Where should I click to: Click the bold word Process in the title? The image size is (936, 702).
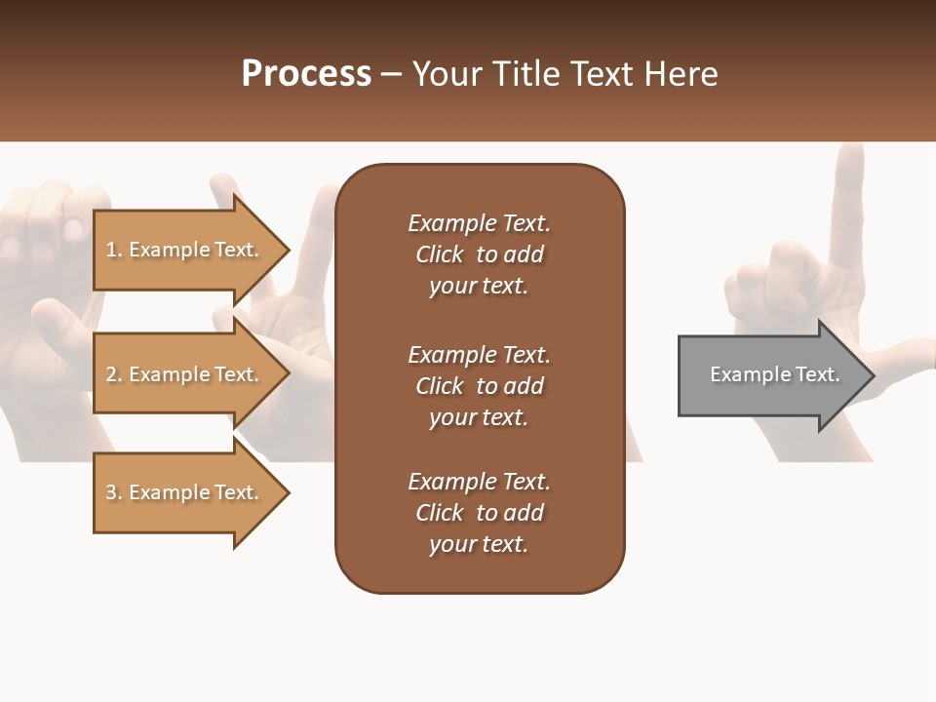306,73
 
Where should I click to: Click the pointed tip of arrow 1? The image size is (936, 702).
287,250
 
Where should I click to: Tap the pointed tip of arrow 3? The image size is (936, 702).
287,492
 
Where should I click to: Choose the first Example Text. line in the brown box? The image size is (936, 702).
479,223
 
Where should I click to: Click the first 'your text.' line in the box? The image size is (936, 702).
479,286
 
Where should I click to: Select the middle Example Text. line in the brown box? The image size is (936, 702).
479,355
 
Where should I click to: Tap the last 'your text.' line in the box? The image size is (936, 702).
479,544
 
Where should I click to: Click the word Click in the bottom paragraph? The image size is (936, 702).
440,513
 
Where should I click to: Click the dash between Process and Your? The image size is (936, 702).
392,74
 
